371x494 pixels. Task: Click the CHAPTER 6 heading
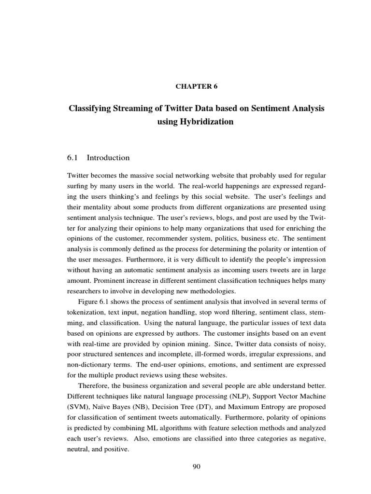click(196, 87)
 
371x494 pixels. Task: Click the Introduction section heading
click(108, 158)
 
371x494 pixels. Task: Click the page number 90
click(196, 466)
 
